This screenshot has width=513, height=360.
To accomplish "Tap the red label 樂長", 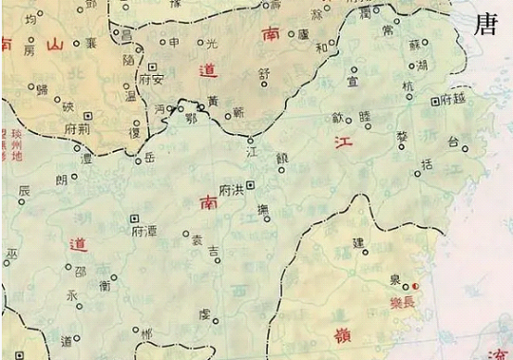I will (405, 300).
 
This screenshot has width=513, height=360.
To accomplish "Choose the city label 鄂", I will (191, 118).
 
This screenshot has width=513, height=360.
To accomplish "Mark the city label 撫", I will (264, 212).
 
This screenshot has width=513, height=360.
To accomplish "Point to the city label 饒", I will (282, 156).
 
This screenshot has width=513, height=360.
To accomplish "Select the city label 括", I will (427, 165).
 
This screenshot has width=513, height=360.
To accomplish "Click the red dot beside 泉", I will (414, 286).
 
